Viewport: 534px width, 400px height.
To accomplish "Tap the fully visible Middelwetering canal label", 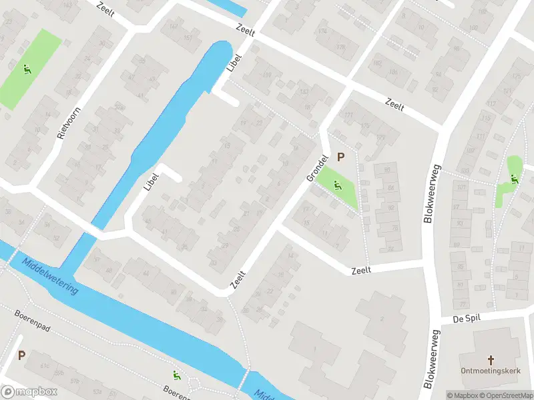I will [x=50, y=276].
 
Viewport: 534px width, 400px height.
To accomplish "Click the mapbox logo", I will [x=29, y=392].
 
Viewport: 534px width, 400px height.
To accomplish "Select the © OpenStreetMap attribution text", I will [x=507, y=395].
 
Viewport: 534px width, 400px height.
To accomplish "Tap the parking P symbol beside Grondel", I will [x=341, y=157].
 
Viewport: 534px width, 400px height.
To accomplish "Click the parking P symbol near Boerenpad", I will [x=21, y=355].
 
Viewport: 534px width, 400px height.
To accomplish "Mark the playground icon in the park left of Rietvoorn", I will [x=27, y=68].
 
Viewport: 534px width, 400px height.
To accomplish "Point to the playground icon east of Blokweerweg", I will [x=513, y=178].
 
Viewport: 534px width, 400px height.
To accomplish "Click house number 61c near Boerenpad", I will [x=45, y=366].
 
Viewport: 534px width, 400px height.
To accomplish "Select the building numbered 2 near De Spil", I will [x=382, y=318].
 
